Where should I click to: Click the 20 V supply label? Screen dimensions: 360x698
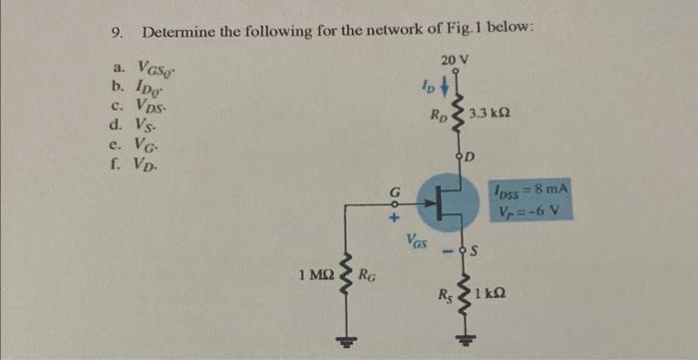(x=454, y=62)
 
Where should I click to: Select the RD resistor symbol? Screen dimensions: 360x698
(x=458, y=118)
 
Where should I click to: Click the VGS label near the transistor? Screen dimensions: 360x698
(x=418, y=239)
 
